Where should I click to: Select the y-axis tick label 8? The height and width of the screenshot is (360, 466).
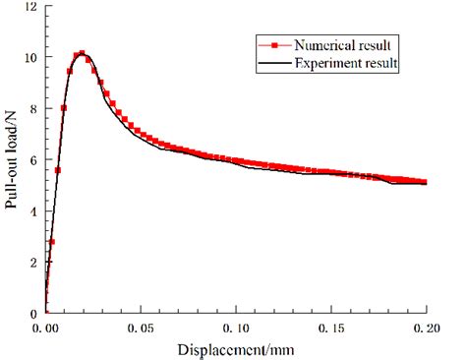(x=33, y=109)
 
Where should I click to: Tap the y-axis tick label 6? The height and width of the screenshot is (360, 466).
(x=33, y=160)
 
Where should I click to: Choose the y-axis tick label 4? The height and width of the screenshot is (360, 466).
(x=33, y=211)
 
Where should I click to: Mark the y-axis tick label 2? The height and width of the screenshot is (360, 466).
(x=33, y=263)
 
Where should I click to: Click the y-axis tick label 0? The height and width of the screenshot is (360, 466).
(x=33, y=314)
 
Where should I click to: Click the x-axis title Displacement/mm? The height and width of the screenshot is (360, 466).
(x=236, y=349)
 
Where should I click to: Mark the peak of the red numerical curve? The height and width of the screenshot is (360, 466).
(x=82, y=54)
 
